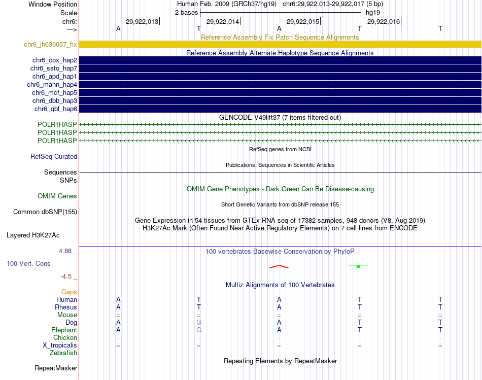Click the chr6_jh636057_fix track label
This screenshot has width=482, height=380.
50,45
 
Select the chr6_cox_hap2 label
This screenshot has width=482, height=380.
54,60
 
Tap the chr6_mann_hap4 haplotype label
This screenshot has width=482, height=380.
52,85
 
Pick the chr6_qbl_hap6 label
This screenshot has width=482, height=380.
56,109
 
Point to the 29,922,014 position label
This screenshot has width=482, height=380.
223,21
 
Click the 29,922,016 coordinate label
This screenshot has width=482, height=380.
384,21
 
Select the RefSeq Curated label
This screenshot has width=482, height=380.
54,157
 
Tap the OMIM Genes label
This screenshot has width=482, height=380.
57,196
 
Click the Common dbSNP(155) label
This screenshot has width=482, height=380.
45,212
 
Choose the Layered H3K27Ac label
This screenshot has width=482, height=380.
33,235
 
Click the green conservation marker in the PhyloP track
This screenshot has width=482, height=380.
358,266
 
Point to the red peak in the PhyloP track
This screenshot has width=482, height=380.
279,266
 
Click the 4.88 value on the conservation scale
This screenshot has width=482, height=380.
67,251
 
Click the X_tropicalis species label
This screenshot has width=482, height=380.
60,346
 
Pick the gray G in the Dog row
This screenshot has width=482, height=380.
199,323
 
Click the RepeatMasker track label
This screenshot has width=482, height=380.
56,368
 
